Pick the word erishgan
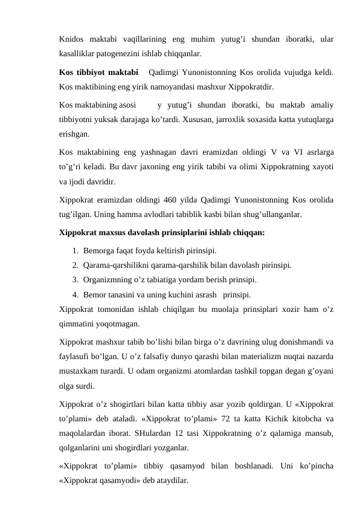click(76, 132)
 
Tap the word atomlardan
click(185, 372)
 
